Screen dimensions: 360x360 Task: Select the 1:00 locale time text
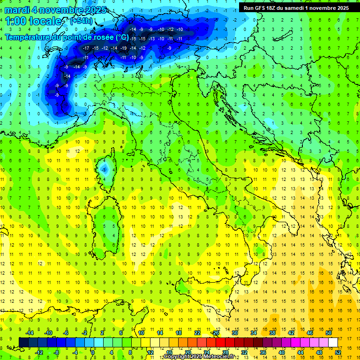[x=33, y=21]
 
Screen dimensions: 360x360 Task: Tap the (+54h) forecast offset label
[x=81, y=21]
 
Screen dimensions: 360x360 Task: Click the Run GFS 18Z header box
[x=296, y=7]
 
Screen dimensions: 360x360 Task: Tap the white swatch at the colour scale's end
[x=333, y=342]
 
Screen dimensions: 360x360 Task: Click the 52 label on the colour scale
[x=338, y=352]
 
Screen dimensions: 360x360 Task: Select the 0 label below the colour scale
[x=93, y=352]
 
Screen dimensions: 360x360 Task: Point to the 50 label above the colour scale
[x=329, y=332]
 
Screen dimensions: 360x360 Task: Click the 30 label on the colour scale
[x=235, y=332]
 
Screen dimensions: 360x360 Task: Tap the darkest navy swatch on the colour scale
[x=23, y=342]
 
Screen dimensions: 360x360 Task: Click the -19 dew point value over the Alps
[x=123, y=48]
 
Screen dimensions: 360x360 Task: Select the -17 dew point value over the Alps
[x=86, y=48]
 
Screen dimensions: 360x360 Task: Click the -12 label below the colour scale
[x=39, y=352]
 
